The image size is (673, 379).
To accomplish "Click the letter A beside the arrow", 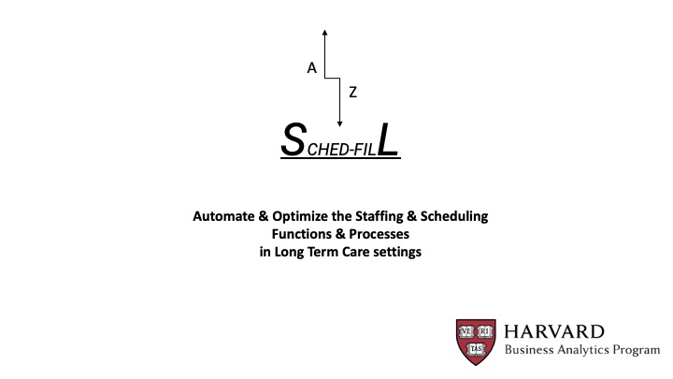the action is tap(311, 68).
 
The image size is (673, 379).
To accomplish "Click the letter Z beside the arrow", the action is tap(352, 92).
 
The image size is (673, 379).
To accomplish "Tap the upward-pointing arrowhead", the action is tap(325, 32).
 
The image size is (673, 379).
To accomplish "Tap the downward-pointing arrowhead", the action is tap(339, 124).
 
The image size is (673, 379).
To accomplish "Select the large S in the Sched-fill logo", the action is tap(294, 139).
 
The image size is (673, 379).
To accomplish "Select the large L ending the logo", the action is tap(388, 139).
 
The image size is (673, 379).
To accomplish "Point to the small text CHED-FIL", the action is tap(342, 150).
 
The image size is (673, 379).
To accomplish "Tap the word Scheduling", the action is tap(454, 216).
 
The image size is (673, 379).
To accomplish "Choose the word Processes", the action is tap(379, 234).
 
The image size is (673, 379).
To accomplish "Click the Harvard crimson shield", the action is tap(476, 343).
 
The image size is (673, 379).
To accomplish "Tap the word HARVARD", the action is tap(554, 331).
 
